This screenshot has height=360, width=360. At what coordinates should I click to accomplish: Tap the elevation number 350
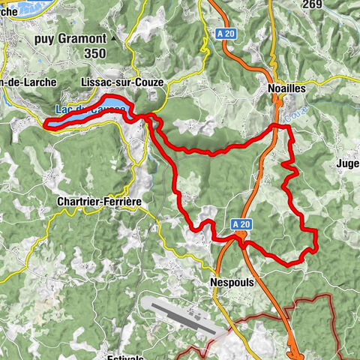pos(95,53)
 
